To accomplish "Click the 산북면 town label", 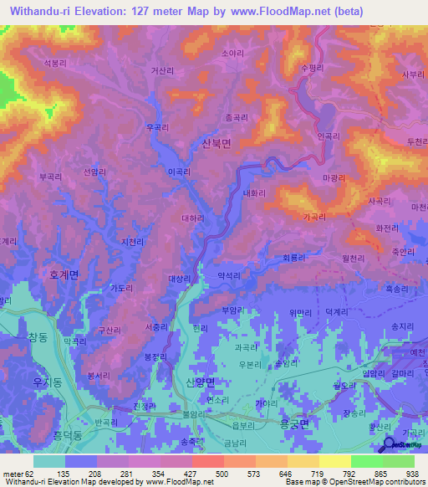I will point(217,143).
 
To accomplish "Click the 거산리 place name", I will point(163,72).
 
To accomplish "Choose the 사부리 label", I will point(413,74).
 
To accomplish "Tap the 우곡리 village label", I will point(157,127).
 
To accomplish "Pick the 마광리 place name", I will point(334,178).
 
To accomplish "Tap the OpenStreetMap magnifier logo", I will point(389,445).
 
